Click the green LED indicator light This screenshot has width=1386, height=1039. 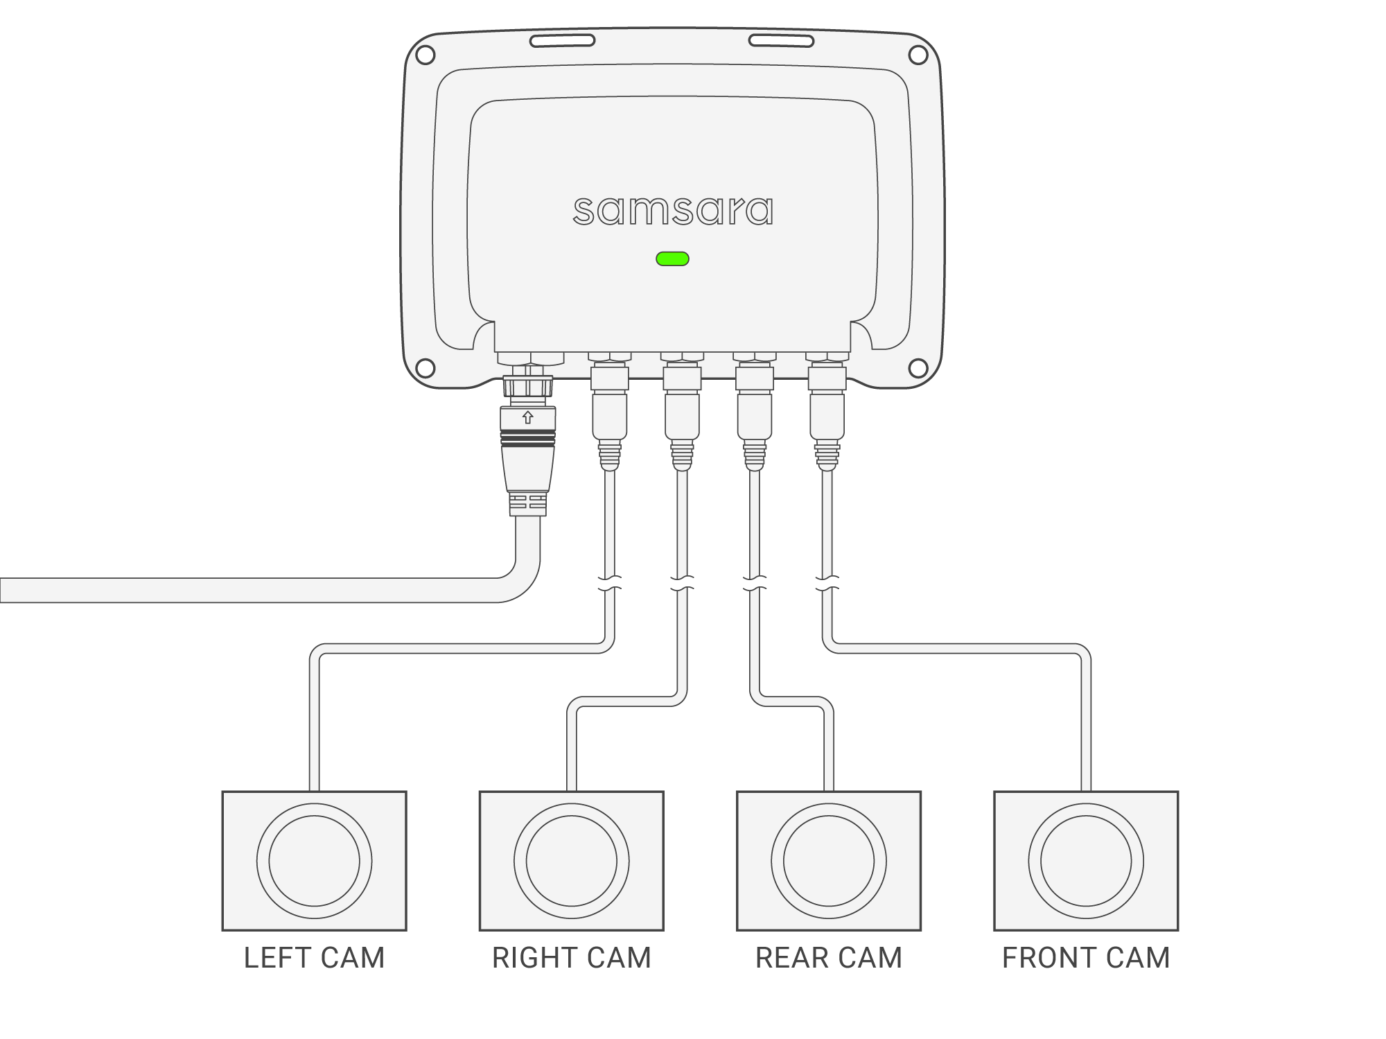coord(672,259)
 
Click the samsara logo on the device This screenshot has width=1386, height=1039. coord(673,211)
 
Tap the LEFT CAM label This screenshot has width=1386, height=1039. coord(314,958)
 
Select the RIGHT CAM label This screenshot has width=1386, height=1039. coord(572,958)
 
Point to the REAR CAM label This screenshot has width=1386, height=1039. coord(829,958)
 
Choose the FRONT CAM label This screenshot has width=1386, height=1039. coord(1086,958)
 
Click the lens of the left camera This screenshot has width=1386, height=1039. coord(314,862)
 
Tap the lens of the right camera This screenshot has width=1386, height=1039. coord(572,862)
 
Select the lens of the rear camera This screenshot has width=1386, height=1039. coord(829,862)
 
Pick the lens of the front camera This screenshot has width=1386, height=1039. coord(1086,862)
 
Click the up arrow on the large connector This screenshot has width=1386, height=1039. coord(528,417)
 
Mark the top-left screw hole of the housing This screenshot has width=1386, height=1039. coord(425,55)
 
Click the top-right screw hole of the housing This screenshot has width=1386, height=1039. coord(918,55)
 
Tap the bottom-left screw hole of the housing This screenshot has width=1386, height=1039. coord(425,368)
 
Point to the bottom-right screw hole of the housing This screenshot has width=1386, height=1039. coord(918,368)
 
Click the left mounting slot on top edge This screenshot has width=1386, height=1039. coord(562,41)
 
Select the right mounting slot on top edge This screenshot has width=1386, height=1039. coord(781,41)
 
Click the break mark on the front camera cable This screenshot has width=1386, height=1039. coord(827,584)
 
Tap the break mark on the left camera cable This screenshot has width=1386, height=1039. coord(610,584)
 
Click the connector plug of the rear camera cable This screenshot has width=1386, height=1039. coord(755,416)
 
